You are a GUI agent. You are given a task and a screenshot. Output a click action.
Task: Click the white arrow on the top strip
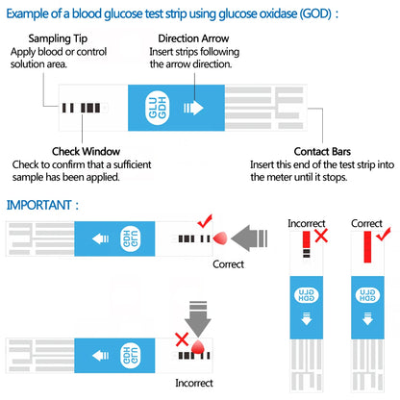click(x=193, y=108)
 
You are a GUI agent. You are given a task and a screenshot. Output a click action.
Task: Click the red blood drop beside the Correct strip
click(x=218, y=237)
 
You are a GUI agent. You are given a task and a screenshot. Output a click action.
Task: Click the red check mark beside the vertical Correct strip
click(x=383, y=235)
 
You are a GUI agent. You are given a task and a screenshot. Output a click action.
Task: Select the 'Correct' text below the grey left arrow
click(x=228, y=263)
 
